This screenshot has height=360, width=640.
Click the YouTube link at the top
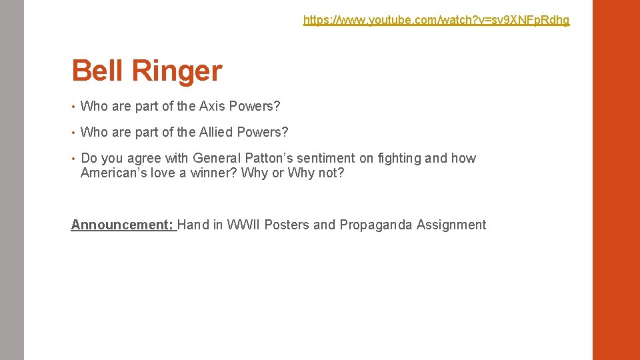[x=436, y=20]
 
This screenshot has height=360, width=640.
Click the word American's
[x=114, y=173]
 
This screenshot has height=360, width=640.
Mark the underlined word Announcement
[x=122, y=225]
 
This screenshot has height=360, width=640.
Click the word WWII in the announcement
[x=244, y=225]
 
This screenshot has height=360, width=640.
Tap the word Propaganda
[x=376, y=225]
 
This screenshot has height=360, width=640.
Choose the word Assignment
[x=451, y=225]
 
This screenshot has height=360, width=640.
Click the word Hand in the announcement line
[x=193, y=225]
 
